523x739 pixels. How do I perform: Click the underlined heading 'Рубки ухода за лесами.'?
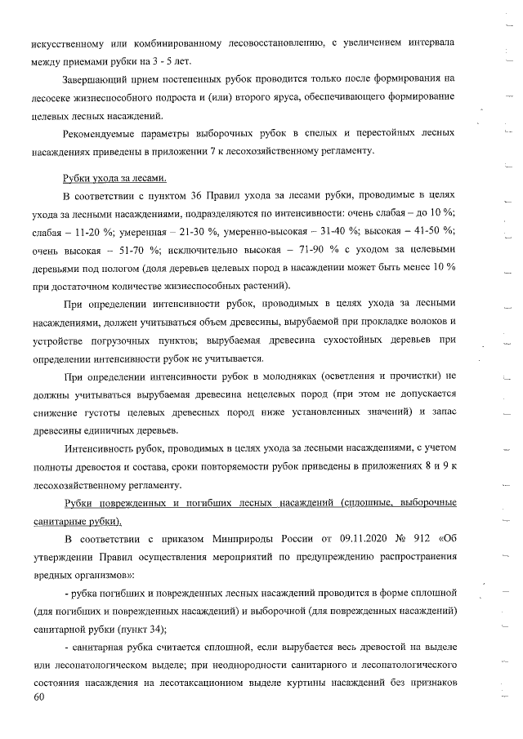[114, 179]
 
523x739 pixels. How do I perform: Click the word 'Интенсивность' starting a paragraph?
[101, 448]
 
